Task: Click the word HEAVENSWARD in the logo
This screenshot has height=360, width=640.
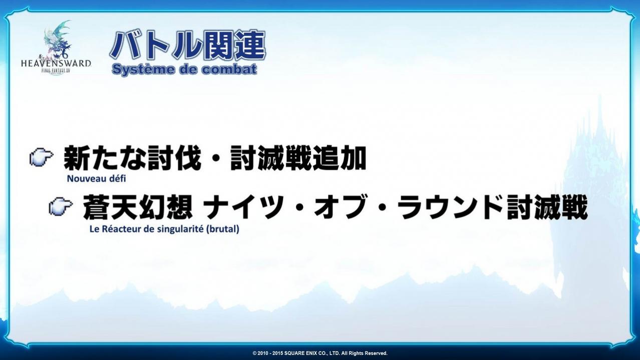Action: (x=56, y=64)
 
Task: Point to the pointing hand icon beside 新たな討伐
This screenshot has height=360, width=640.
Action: (x=42, y=157)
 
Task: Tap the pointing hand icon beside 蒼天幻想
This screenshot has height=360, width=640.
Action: (x=61, y=206)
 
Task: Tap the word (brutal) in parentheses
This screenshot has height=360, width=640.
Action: (x=223, y=229)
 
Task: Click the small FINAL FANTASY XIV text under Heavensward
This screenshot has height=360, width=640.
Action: (x=56, y=70)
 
